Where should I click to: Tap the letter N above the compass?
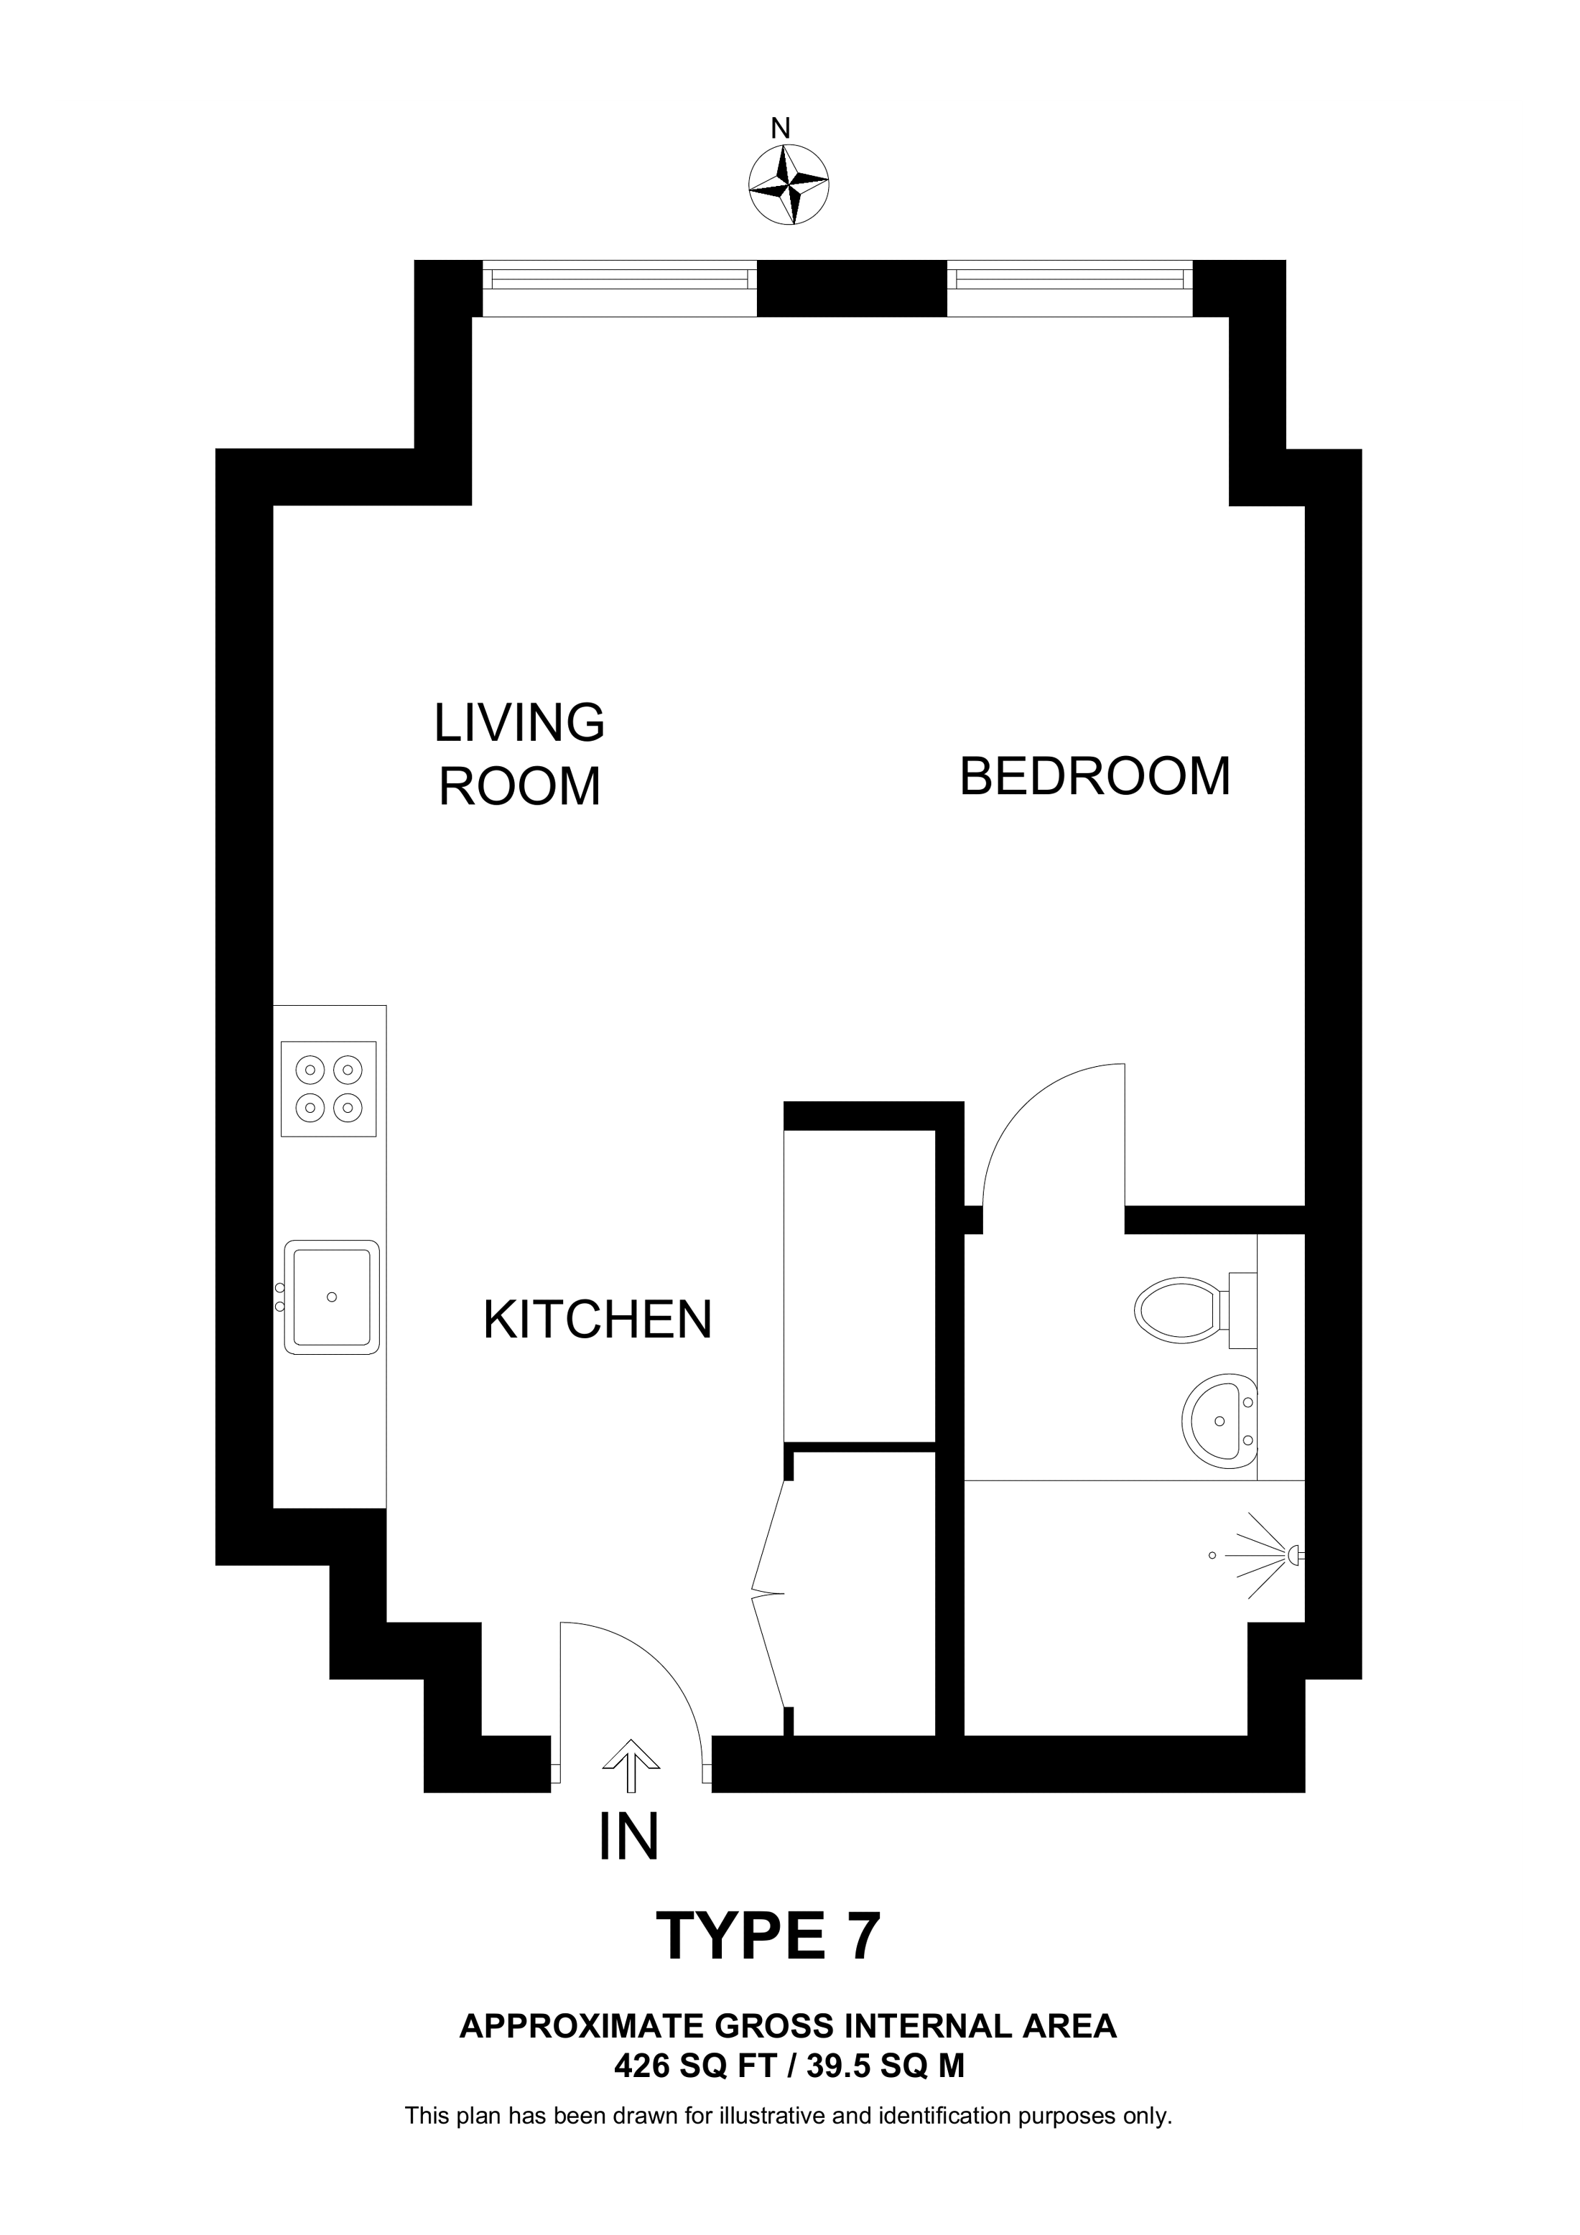780,129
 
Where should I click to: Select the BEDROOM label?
1095,777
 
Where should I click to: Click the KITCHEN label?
598,1320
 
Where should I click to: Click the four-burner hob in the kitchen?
328,1088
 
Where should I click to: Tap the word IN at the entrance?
629,1837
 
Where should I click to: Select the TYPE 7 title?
769,1936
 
